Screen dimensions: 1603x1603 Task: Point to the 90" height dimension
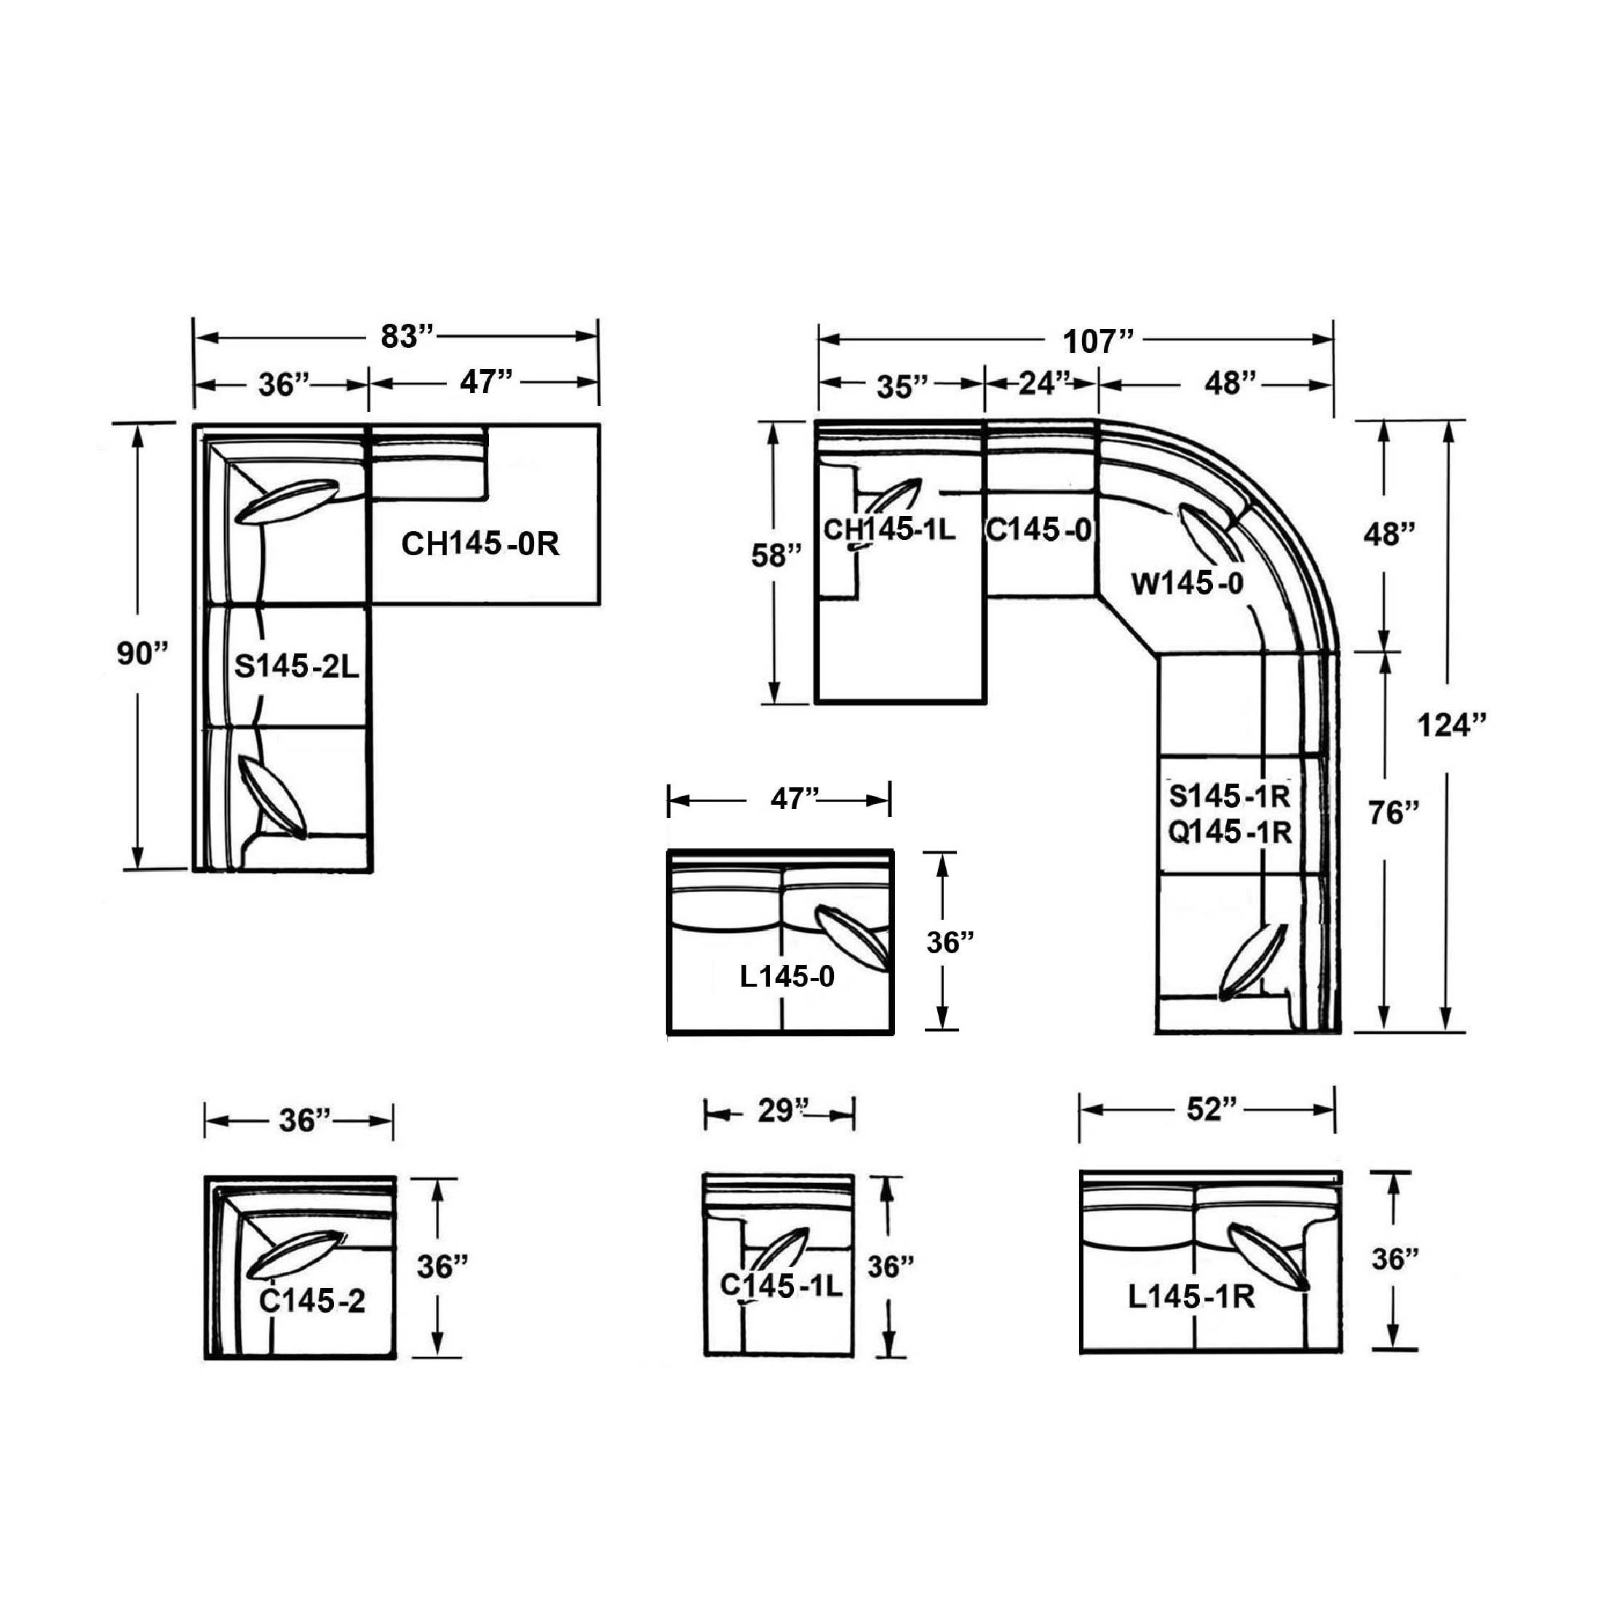tap(142, 654)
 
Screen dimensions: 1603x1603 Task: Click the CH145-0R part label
tap(480, 544)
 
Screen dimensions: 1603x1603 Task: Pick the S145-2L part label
tap(297, 667)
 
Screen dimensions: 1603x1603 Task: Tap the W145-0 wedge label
tap(1188, 584)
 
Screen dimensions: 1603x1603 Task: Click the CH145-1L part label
tap(889, 529)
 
